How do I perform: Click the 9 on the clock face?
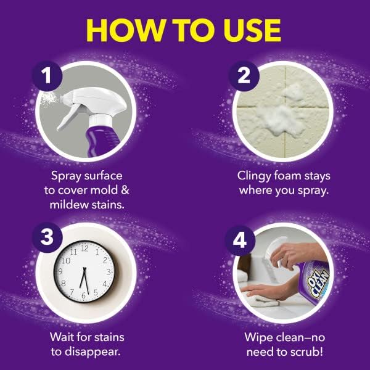tap(60, 272)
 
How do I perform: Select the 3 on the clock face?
tap(109, 272)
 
